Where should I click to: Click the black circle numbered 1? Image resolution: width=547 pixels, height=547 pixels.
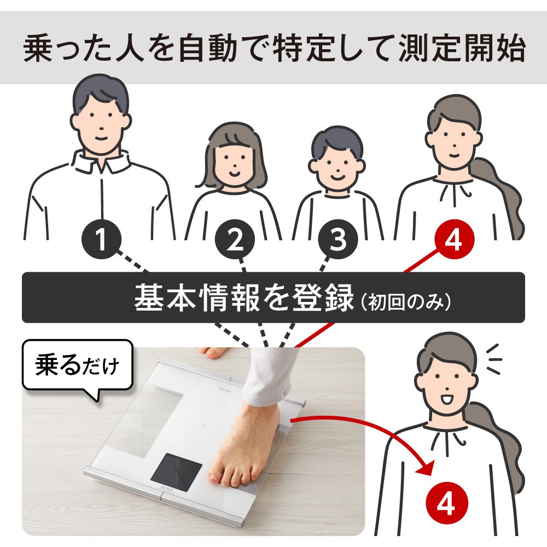pyautogui.click(x=102, y=240)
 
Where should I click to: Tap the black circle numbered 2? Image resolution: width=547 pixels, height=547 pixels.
pyautogui.click(x=235, y=240)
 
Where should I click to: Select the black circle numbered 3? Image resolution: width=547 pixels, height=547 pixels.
pyautogui.click(x=338, y=240)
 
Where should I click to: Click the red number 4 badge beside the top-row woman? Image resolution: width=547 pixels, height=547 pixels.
pyautogui.click(x=454, y=240)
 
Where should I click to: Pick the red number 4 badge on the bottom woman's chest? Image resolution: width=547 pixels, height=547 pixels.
pyautogui.click(x=446, y=504)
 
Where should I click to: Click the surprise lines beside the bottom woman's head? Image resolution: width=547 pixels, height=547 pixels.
pyautogui.click(x=493, y=359)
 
